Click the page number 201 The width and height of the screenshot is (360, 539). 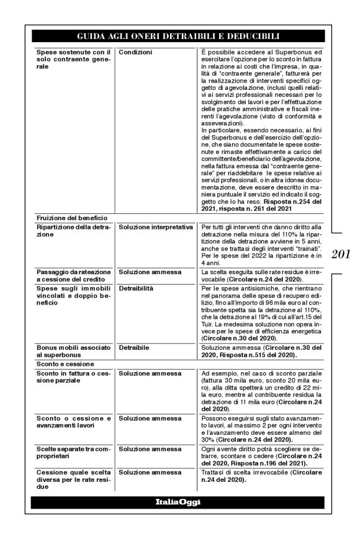[341, 254]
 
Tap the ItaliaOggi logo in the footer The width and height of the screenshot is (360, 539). [178, 502]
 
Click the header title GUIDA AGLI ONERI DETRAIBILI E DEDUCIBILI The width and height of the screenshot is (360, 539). [178, 37]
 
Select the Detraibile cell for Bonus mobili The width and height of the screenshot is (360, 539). [135, 349]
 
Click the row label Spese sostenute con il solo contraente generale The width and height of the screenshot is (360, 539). [73, 60]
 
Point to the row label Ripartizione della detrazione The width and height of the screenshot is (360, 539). [73, 231]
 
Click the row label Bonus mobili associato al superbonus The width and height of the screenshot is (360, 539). [73, 352]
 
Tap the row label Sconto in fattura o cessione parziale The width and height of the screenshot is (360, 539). [73, 376]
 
